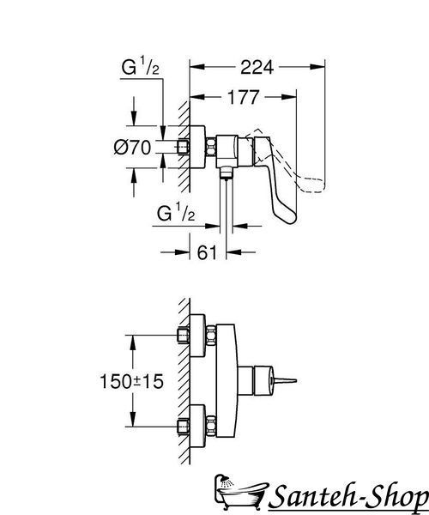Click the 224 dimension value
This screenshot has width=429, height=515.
(257, 67)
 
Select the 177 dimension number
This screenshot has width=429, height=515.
(243, 97)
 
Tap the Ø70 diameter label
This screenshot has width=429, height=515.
(132, 147)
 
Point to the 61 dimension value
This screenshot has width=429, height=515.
(207, 252)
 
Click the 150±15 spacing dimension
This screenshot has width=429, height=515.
(131, 381)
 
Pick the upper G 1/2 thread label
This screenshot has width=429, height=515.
(141, 66)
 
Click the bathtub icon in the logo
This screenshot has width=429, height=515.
(240, 492)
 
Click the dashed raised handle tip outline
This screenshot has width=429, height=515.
(313, 185)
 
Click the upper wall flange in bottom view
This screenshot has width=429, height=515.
(197, 336)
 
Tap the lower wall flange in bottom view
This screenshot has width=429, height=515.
(197, 426)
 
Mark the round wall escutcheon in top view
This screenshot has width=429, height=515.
(197, 147)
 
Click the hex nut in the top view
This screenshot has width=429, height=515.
(211, 147)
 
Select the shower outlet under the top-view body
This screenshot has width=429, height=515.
(226, 173)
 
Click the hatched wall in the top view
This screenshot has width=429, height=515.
(184, 147)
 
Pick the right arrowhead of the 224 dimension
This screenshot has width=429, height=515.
(317, 67)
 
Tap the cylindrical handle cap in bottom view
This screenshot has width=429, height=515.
(263, 381)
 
